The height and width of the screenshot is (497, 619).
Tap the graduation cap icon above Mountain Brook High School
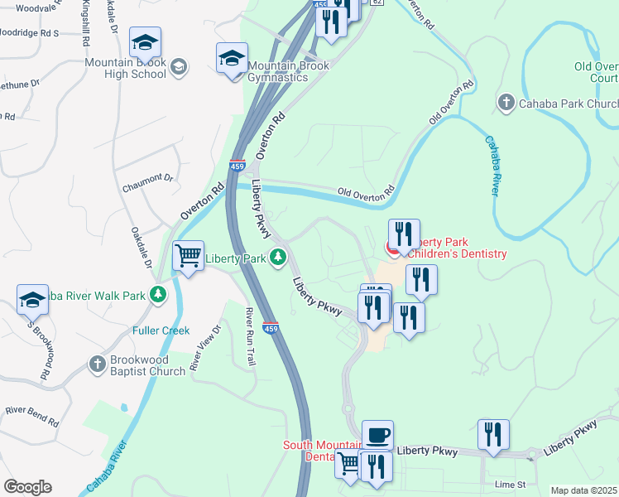145,42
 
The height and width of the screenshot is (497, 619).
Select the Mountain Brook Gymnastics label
277,71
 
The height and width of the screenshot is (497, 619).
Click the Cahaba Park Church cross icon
506,103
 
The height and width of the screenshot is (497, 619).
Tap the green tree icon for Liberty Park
279,258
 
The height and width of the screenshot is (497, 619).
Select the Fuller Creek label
161,331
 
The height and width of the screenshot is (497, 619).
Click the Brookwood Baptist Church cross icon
97,364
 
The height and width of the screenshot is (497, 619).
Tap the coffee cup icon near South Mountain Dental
377,434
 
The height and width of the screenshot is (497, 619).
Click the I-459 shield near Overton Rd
238,166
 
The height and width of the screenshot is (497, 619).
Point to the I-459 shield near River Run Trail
270,329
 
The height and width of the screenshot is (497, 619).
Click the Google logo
27,487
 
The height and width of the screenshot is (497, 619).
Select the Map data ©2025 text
584,490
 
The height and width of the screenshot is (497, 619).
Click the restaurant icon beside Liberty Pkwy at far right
493,434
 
